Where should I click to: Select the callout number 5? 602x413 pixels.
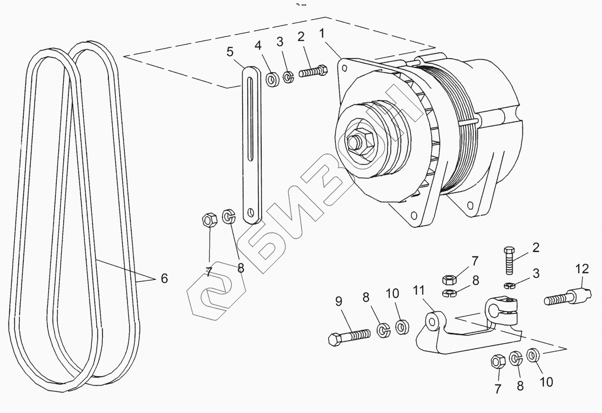pyautogui.click(x=230, y=52)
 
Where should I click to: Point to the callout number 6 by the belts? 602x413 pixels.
pyautogui.click(x=164, y=279)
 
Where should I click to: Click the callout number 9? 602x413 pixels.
pyautogui.click(x=338, y=302)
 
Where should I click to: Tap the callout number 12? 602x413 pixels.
pyautogui.click(x=582, y=268)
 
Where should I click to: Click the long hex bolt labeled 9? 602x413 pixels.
pyautogui.click(x=349, y=336)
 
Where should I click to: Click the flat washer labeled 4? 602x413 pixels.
pyautogui.click(x=271, y=79)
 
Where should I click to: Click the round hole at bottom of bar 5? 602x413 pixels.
pyautogui.click(x=252, y=214)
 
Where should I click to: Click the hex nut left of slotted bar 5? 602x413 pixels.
pyautogui.click(x=209, y=218)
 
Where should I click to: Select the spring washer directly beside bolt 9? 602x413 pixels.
pyautogui.click(x=383, y=330)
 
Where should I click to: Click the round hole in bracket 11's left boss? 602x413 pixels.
pyautogui.click(x=433, y=321)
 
